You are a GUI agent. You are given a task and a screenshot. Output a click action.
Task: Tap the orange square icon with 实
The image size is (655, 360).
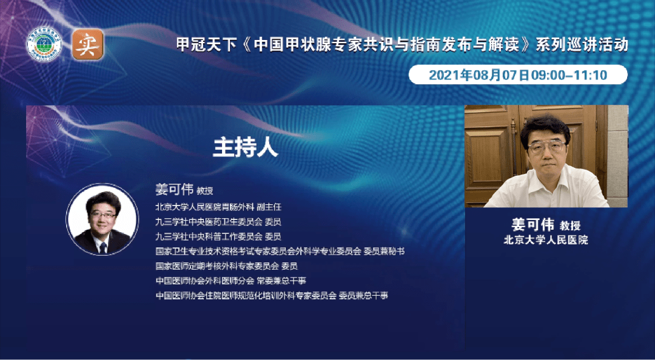click(x=88, y=45)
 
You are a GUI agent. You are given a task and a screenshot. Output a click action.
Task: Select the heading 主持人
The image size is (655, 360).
click(x=245, y=147)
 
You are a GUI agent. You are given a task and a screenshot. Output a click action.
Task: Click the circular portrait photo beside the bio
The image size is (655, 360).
click(x=101, y=219)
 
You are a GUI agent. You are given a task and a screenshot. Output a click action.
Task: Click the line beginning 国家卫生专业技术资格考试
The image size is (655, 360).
click(x=280, y=251)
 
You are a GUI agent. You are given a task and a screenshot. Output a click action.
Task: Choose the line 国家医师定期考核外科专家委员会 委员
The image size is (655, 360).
click(x=226, y=265)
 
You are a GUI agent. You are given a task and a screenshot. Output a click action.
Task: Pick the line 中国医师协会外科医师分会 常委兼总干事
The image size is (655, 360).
click(x=230, y=281)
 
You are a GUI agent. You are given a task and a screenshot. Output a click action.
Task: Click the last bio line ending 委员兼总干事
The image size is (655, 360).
click(x=271, y=295)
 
